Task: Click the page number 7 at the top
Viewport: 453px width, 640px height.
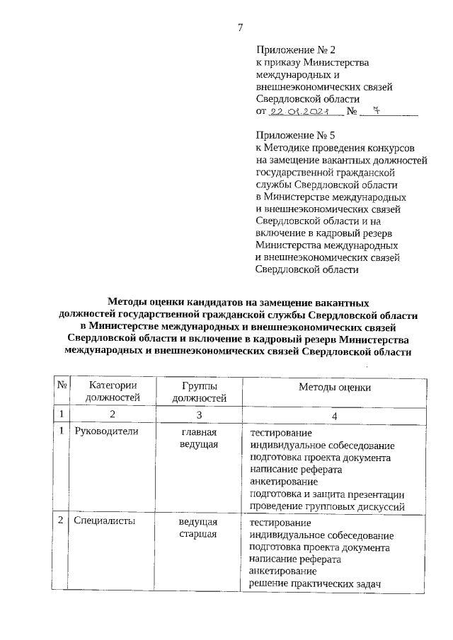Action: coord(240,28)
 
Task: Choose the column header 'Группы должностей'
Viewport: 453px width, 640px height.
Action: coord(198,391)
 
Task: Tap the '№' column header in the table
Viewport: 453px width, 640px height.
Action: coord(62,385)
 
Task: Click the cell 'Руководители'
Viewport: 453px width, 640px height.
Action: coord(105,431)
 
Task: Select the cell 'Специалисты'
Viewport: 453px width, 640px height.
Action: coord(105,521)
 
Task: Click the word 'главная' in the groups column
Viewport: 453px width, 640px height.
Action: coord(198,431)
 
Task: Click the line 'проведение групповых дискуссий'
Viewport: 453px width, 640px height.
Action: coord(326,506)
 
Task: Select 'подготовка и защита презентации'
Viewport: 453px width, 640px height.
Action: coord(327,494)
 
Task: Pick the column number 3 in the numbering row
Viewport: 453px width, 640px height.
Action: coord(199,414)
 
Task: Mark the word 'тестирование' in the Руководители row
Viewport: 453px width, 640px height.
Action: coord(281,431)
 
